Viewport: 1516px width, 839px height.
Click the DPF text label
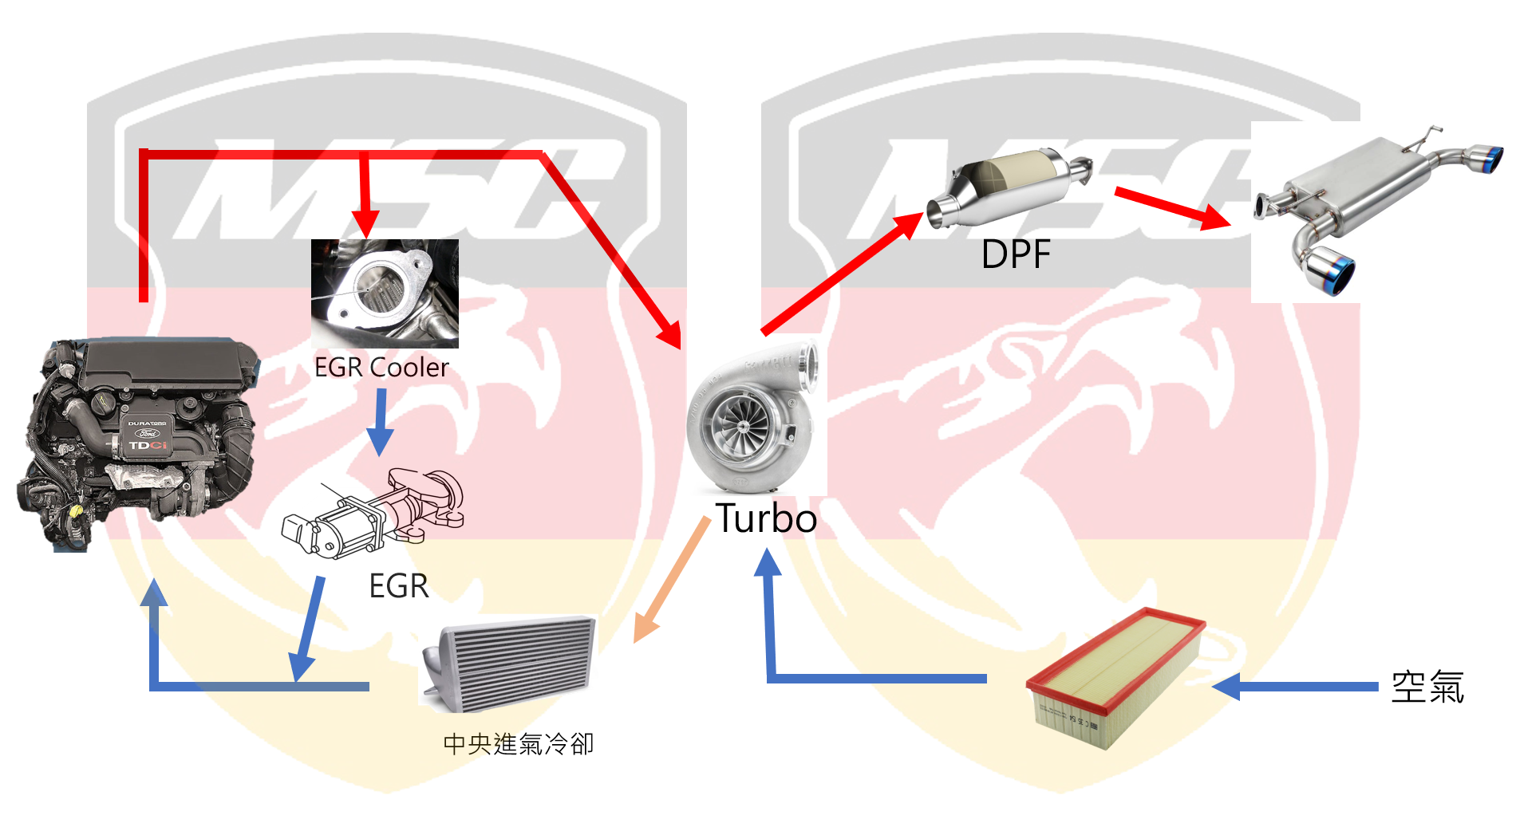click(x=1016, y=254)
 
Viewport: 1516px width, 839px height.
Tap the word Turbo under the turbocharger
click(x=766, y=518)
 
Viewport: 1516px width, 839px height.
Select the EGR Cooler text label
click(x=381, y=368)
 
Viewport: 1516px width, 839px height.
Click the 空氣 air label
click(x=1427, y=687)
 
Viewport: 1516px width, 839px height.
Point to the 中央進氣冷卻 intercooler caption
click(x=518, y=744)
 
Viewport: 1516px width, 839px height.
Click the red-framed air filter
click(x=1115, y=678)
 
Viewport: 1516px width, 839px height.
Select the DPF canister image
click(x=1009, y=187)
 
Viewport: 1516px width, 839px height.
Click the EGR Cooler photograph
click(x=385, y=293)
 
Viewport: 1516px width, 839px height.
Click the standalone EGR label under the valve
click(x=398, y=586)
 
